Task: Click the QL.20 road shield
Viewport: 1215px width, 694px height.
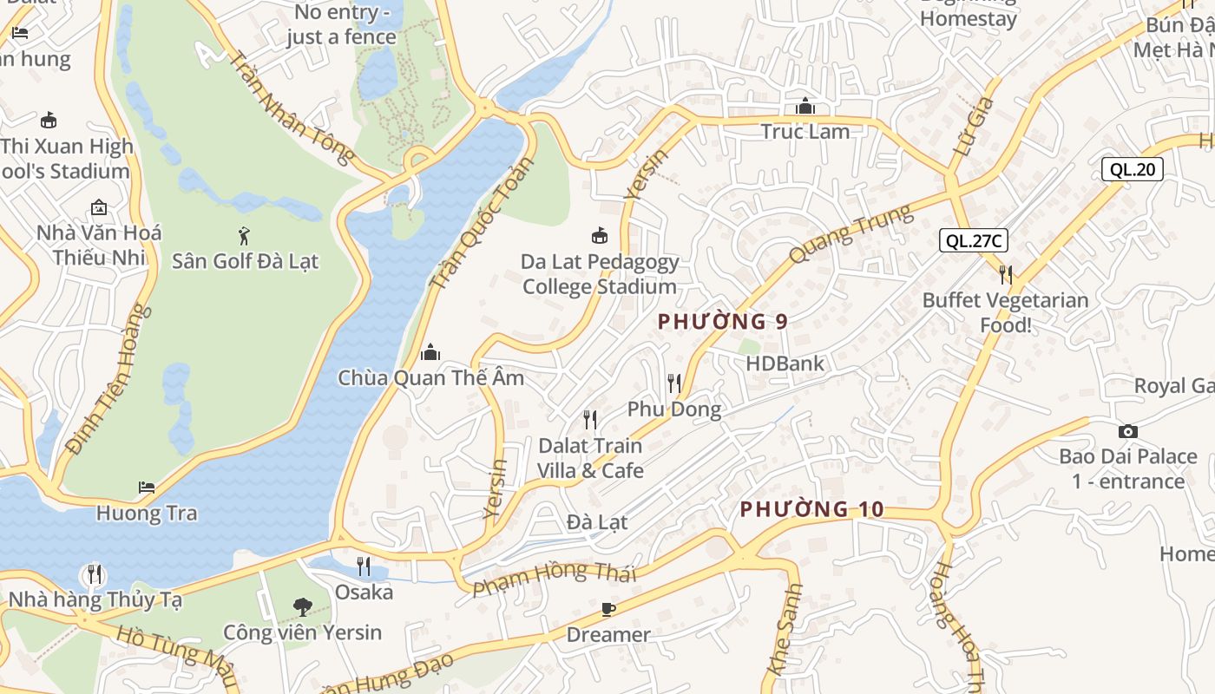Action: [1133, 169]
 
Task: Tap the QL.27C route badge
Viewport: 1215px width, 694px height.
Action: [974, 240]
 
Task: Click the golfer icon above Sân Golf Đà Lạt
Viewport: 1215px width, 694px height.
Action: [245, 235]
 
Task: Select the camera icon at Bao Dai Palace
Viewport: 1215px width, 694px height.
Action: [1127, 431]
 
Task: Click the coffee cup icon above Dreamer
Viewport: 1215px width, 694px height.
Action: [608, 609]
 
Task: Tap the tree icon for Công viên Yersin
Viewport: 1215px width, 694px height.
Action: [302, 606]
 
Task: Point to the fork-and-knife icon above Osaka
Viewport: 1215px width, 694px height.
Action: [364, 566]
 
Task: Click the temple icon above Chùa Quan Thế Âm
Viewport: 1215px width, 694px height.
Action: [430, 352]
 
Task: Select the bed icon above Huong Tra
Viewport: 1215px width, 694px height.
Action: [147, 488]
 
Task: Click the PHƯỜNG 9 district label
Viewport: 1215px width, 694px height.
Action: [722, 322]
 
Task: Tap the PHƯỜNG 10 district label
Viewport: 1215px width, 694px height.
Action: [811, 509]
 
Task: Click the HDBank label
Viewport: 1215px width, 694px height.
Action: [785, 363]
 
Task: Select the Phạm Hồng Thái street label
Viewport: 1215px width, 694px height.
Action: [555, 577]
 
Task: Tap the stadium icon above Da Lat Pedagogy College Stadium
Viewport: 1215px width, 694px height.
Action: [599, 235]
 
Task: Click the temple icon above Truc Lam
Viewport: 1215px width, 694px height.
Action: [805, 107]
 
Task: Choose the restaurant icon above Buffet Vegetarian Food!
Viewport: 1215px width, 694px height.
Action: [1005, 275]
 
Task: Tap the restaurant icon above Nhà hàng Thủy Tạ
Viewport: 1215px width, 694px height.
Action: [94, 574]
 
